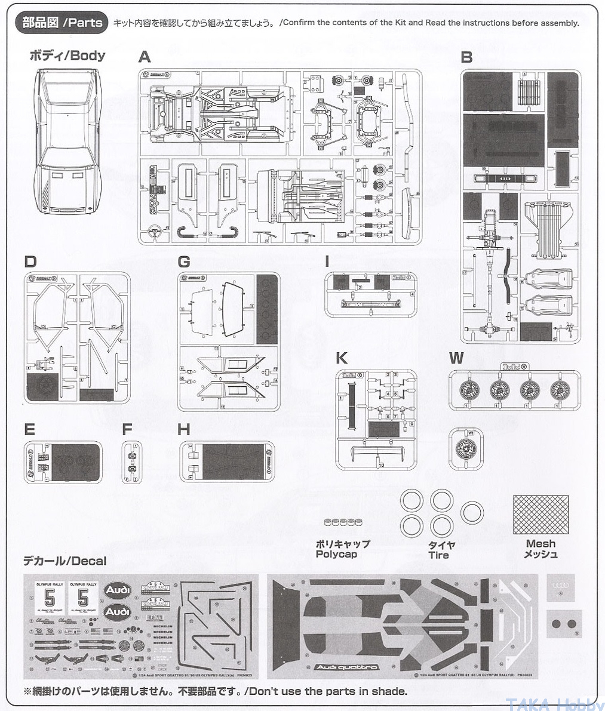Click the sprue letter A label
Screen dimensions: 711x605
[145, 57]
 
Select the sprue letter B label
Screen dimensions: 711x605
[467, 57]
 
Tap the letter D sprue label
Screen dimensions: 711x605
[30, 261]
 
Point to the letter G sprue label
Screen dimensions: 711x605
[184, 261]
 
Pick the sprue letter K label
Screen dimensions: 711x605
[342, 358]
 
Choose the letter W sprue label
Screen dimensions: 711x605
[456, 358]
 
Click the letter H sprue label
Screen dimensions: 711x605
[184, 429]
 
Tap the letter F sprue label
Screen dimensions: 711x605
[127, 429]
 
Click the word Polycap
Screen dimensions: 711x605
[336, 555]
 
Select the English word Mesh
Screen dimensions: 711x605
[540, 544]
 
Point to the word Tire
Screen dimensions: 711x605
[438, 555]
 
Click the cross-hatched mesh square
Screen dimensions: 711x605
[540, 515]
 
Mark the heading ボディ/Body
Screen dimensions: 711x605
[67, 56]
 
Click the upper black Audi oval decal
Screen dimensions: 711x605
[118, 590]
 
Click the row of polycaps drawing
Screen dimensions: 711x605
[343, 522]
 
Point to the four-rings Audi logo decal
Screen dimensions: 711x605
[561, 584]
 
